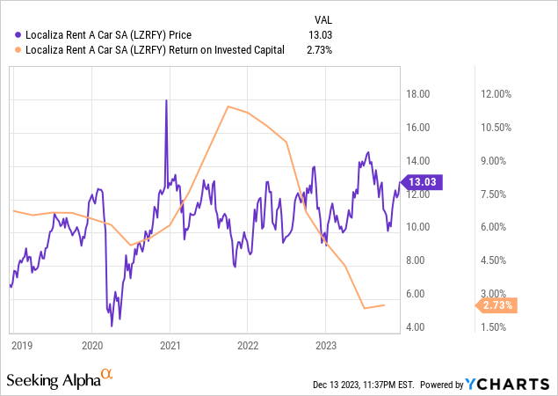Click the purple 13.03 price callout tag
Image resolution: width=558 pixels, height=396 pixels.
424,182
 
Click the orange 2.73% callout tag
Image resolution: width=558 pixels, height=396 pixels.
497,305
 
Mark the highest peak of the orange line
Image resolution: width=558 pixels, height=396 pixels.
228,106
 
